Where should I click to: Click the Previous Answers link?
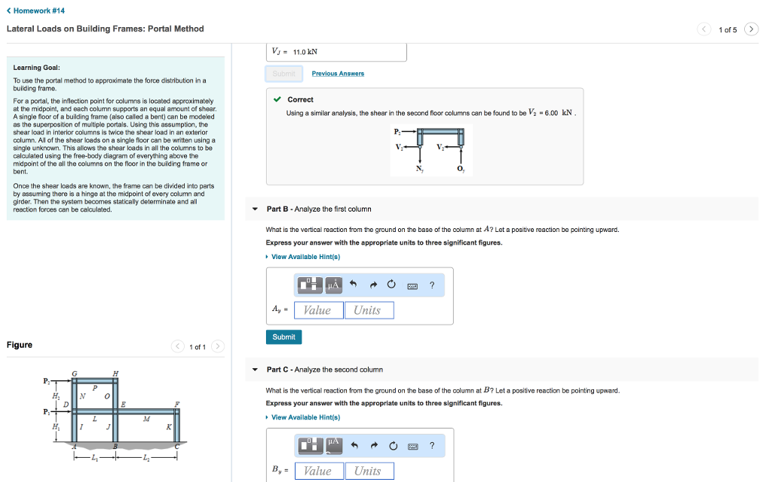338,74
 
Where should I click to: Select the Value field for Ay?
317,310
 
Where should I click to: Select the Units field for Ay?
368,310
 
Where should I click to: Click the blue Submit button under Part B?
283,337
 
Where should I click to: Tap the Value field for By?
317,471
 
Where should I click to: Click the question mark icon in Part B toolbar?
431,285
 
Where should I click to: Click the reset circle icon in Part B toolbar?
391,285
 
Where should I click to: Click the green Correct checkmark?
277,99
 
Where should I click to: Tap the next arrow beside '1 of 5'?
751,29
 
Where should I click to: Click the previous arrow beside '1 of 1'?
178,346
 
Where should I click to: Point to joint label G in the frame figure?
74,374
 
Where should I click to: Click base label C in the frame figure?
176,445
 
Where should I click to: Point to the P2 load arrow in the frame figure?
48,381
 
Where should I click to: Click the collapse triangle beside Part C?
255,370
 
